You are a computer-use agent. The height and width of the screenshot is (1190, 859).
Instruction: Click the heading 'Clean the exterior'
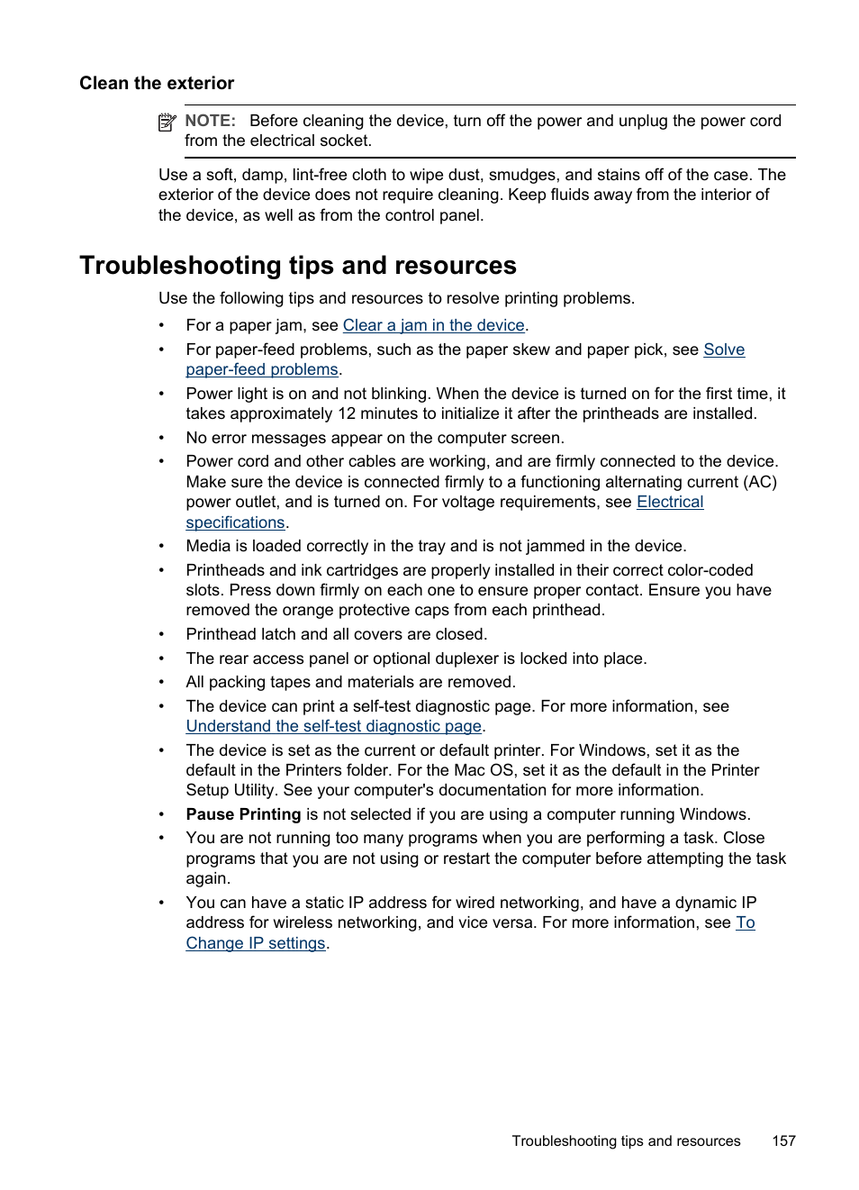(157, 84)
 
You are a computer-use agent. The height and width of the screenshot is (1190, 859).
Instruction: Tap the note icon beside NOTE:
(167, 123)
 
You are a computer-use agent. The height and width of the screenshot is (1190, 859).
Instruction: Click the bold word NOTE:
(210, 121)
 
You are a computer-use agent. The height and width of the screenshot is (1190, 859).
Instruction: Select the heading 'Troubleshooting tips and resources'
(298, 266)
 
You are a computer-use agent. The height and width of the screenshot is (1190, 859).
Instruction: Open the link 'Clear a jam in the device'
(433, 325)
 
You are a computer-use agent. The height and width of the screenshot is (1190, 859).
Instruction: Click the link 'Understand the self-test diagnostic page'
(333, 726)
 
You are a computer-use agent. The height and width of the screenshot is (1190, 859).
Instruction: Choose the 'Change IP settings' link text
(255, 943)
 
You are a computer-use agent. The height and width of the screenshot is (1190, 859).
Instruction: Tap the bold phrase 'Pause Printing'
(243, 814)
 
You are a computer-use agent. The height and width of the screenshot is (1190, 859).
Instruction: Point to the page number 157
(783, 1141)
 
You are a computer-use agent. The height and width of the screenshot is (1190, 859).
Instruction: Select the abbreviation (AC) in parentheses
(757, 482)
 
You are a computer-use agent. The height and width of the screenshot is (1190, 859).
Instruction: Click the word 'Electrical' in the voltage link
(670, 502)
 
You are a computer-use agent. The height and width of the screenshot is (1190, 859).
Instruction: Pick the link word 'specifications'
(235, 522)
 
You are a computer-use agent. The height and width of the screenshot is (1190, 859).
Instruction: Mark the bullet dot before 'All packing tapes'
(162, 683)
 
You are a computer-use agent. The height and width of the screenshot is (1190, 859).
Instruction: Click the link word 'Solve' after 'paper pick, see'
(724, 350)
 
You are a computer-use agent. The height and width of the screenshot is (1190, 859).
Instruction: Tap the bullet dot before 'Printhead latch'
(162, 634)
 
